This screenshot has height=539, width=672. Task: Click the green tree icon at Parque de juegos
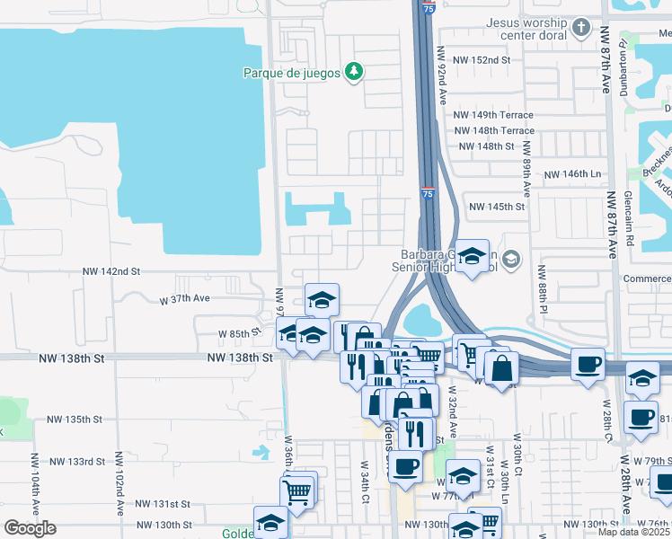(355, 72)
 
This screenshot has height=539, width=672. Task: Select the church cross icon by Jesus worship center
(580, 27)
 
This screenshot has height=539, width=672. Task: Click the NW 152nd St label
(482, 59)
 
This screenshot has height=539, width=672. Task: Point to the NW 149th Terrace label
(493, 115)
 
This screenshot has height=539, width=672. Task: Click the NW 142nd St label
(111, 270)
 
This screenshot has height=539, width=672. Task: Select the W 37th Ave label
(184, 298)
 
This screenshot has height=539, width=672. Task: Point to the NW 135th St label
(75, 420)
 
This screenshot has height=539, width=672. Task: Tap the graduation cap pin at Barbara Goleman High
(472, 257)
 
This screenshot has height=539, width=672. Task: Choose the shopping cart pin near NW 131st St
(297, 490)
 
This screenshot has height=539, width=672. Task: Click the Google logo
(30, 528)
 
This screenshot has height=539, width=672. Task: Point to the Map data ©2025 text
(633, 532)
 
